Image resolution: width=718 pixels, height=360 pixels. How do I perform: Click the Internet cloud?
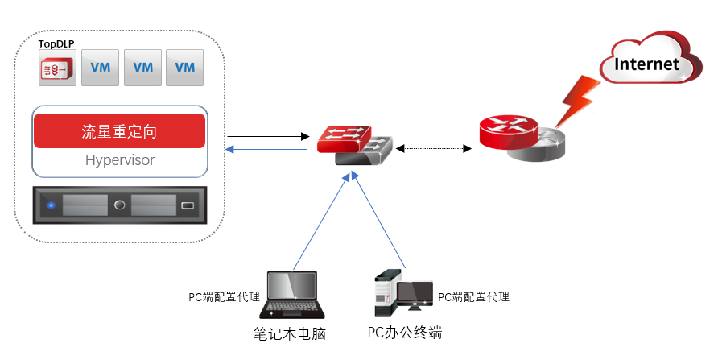pyautogui.click(x=648, y=60)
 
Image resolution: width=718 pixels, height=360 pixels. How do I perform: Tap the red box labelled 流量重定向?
pyautogui.click(x=119, y=131)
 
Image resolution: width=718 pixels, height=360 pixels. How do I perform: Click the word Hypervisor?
pyautogui.click(x=119, y=160)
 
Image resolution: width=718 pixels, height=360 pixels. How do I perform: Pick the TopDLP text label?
pyautogui.click(x=56, y=43)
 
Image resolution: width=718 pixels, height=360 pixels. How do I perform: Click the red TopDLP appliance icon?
pyautogui.click(x=59, y=68)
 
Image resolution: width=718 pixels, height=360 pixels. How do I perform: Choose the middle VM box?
pyautogui.click(x=142, y=68)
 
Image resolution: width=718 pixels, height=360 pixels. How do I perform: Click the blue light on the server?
pyautogui.click(x=52, y=205)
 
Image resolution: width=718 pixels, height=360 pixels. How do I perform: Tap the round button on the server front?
pyautogui.click(x=119, y=205)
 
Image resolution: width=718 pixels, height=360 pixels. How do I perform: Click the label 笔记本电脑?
pyautogui.click(x=291, y=333)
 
